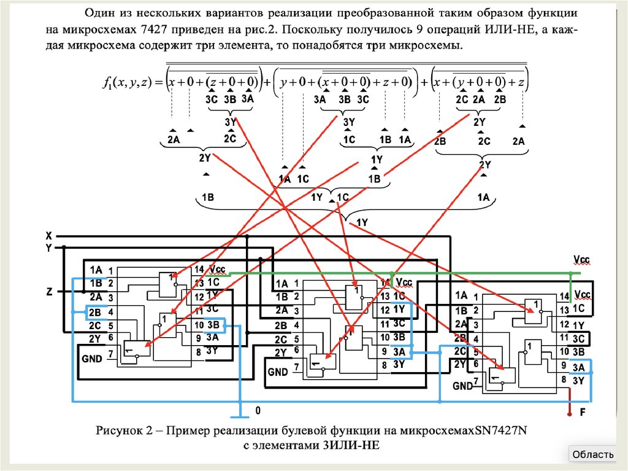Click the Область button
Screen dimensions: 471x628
pyautogui.click(x=592, y=454)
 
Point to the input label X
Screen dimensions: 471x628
pyautogui.click(x=48, y=235)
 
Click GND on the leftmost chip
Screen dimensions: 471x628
pyautogui.click(x=93, y=356)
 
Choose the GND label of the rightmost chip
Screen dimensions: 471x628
pyautogui.click(x=462, y=386)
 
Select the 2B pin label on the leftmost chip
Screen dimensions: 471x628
pyautogui.click(x=95, y=313)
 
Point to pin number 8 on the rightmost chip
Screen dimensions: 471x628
pyautogui.click(x=562, y=380)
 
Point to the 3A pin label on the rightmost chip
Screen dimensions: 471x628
pyautogui.click(x=578, y=367)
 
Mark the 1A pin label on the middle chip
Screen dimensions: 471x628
pyautogui.click(x=281, y=284)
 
